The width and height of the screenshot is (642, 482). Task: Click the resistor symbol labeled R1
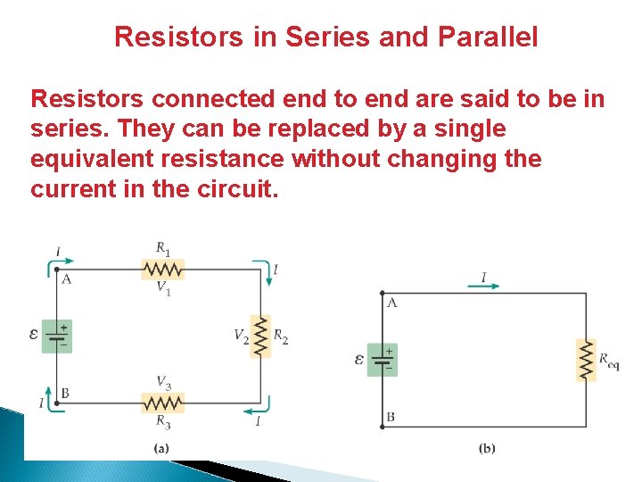pos(163,269)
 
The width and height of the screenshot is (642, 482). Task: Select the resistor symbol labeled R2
pos(259,337)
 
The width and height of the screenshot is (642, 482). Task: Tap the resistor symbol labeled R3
pos(163,403)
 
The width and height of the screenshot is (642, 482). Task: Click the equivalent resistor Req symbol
pos(586,360)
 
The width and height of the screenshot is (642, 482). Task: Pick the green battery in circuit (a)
pos(57,337)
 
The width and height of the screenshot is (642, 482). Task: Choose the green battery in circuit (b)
pos(383,360)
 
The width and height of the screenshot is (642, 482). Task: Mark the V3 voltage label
pos(163,383)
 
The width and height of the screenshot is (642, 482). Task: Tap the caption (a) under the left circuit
pos(161,448)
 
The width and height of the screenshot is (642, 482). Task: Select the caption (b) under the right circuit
pos(487,448)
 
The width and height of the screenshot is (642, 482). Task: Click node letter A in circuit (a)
pos(66,279)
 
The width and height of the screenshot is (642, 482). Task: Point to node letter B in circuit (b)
pos(391,417)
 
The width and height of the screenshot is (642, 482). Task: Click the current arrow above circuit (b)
pos(483,287)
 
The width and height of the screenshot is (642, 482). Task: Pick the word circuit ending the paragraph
pos(242,190)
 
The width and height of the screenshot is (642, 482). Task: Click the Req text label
pos(609,361)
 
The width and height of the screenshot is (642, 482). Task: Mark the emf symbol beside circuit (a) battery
pos(34,336)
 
